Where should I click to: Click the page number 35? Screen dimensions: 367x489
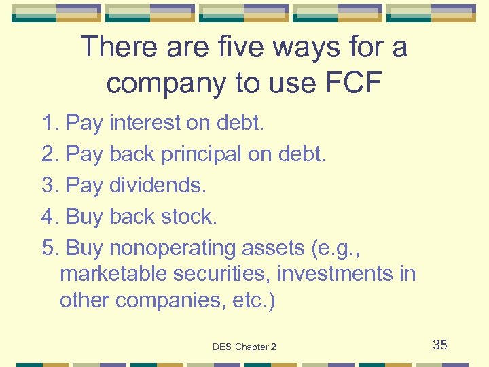[440, 345]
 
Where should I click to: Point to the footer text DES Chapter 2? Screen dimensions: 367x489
[244, 347]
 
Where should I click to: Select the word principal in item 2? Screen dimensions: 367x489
[201, 155]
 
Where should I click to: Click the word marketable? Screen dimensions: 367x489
[114, 274]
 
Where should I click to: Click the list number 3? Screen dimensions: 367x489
[50, 186]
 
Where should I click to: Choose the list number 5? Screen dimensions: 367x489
[50, 248]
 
